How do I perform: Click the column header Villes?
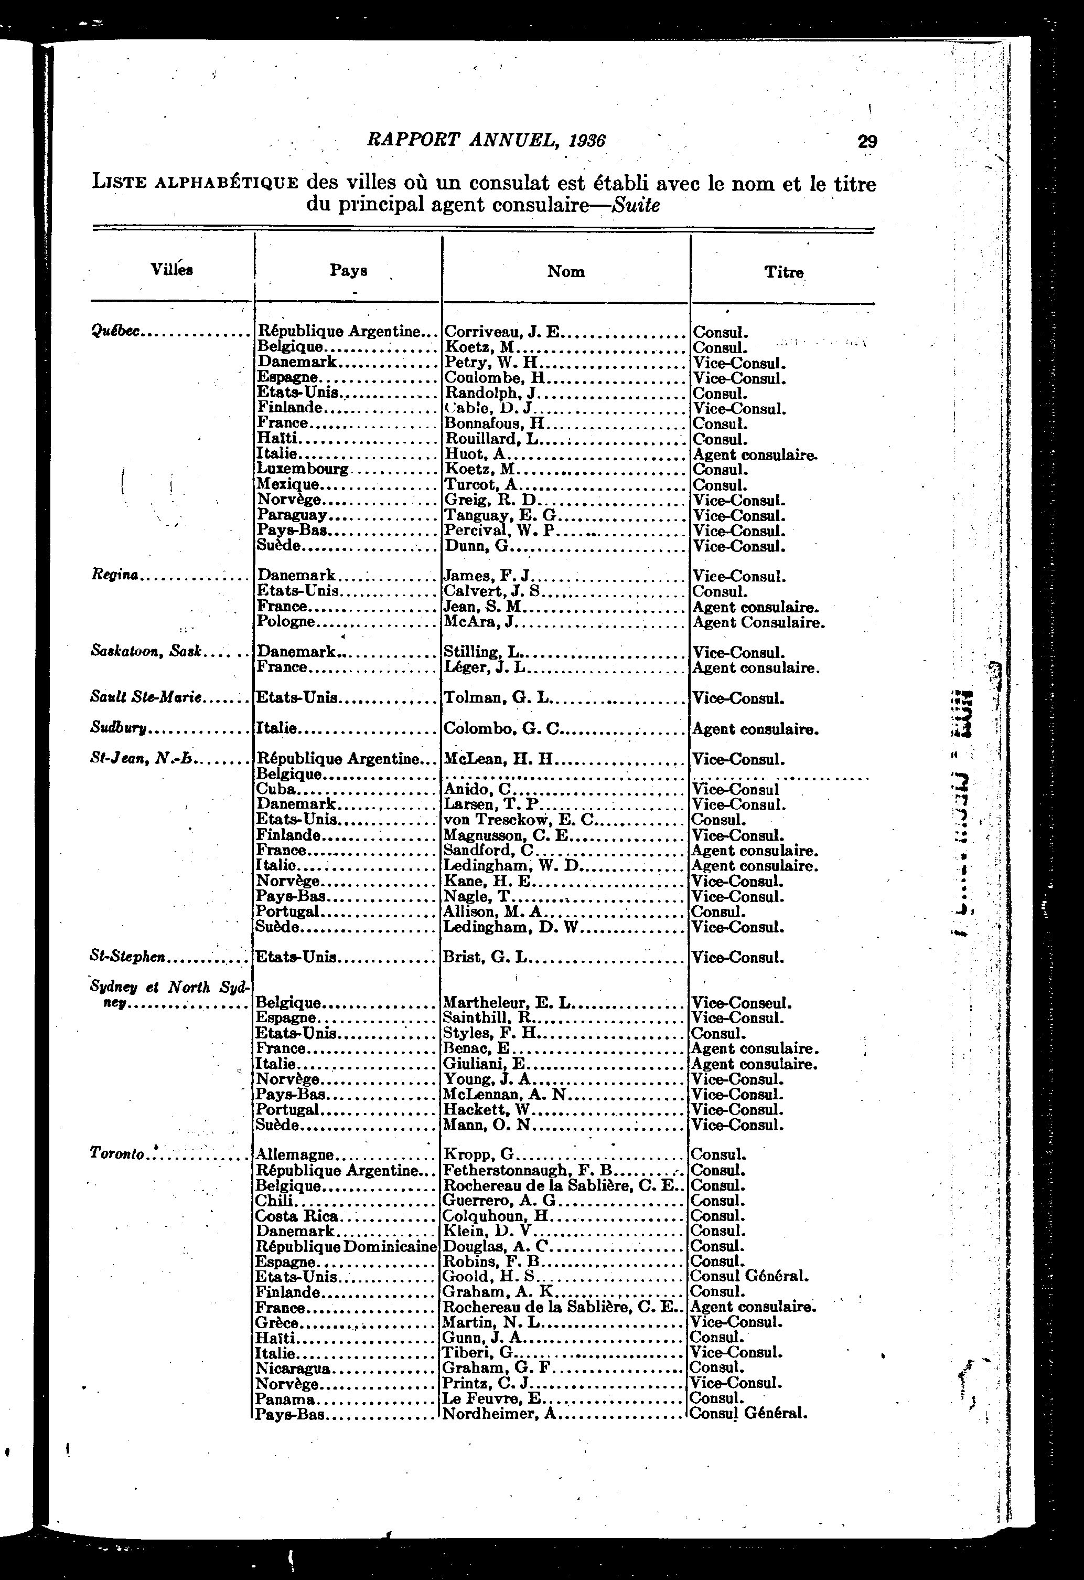tap(172, 269)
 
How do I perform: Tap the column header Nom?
tap(566, 271)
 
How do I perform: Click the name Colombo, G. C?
tap(502, 729)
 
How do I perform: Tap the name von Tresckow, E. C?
tap(519, 820)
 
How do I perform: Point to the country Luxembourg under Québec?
tap(303, 469)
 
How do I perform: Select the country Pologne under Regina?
tap(286, 621)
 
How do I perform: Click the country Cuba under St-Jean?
tap(276, 789)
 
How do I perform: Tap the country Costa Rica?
tap(297, 1216)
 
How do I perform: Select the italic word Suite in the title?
tap(636, 205)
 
